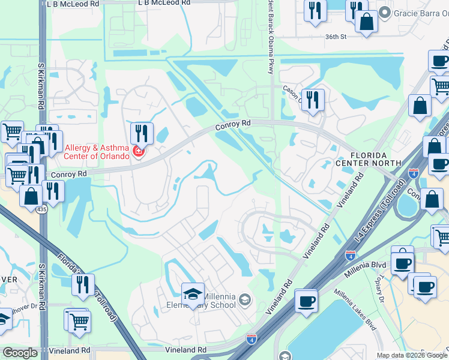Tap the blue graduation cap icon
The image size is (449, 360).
pyautogui.click(x=193, y=294)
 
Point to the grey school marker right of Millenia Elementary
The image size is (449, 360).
pyautogui.click(x=244, y=299)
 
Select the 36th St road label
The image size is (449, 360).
pyautogui.click(x=336, y=37)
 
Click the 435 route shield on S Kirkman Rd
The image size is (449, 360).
pyautogui.click(x=41, y=209)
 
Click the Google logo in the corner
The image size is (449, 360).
pyautogui.click(x=20, y=353)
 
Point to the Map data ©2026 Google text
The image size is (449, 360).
pyautogui.click(x=411, y=355)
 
